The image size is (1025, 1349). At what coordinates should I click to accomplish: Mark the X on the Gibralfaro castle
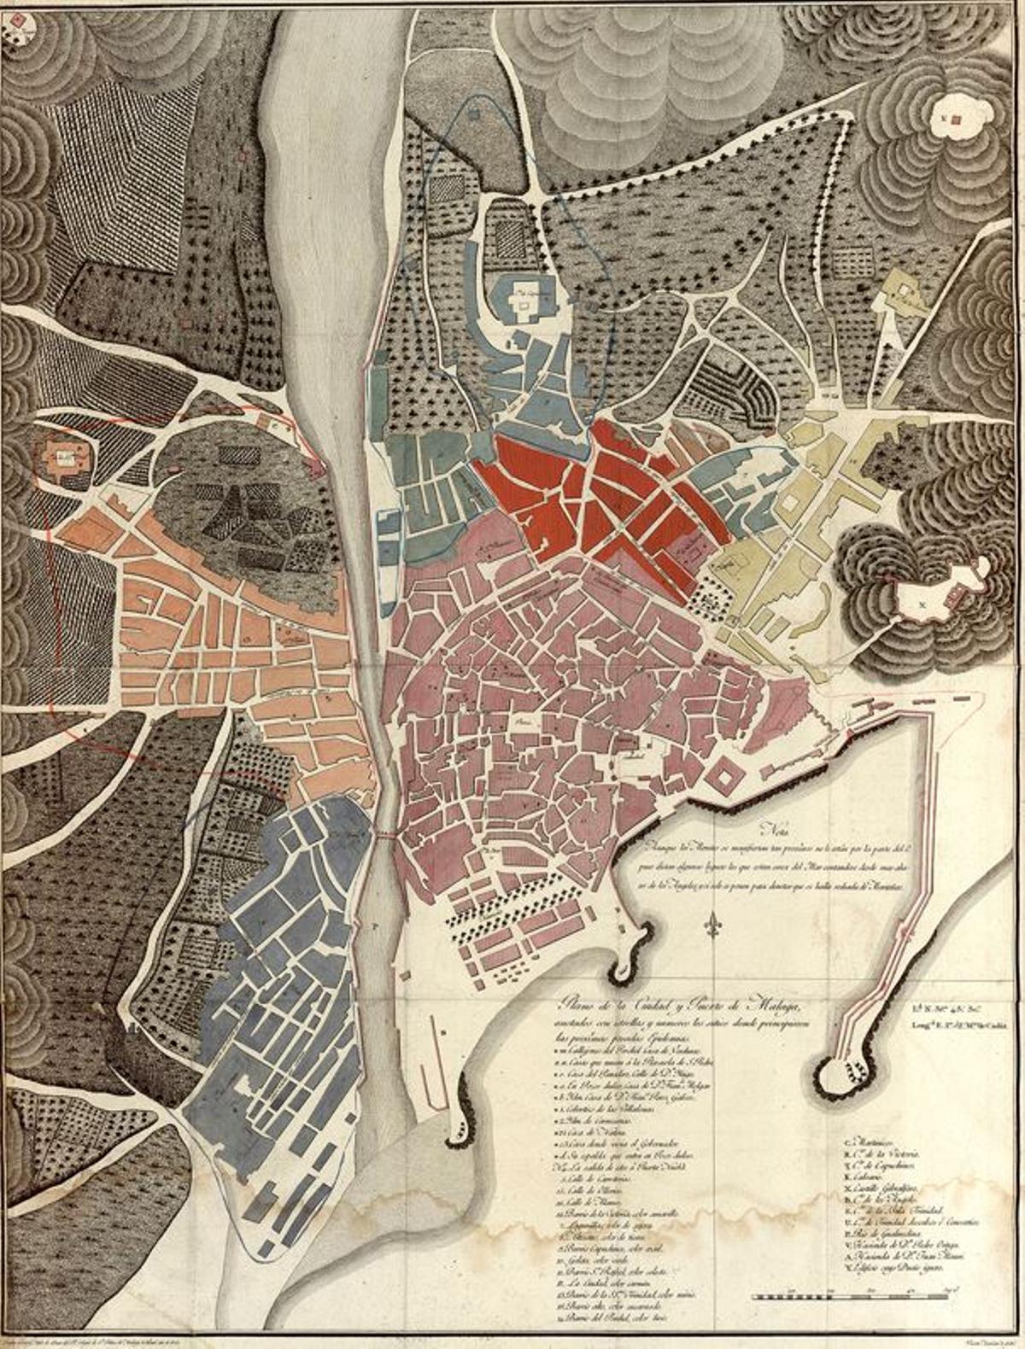click(921, 604)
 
